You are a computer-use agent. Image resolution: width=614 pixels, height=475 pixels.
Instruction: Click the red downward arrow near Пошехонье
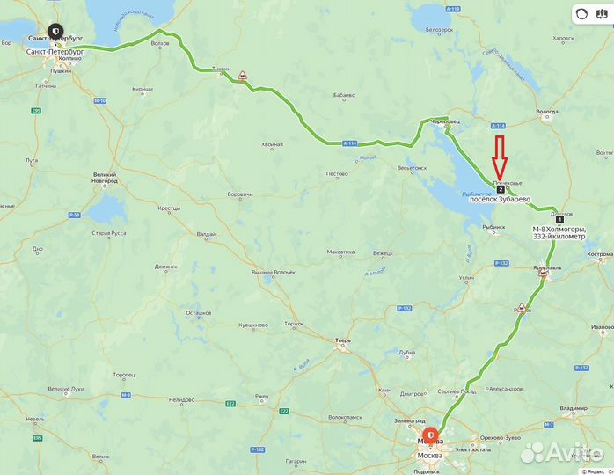click(x=499, y=157)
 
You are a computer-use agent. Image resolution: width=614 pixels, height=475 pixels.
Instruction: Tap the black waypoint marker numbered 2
click(x=501, y=189)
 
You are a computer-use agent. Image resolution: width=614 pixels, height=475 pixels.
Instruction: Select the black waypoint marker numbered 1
click(x=560, y=219)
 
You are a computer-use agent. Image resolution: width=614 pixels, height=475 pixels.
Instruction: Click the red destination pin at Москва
click(x=430, y=435)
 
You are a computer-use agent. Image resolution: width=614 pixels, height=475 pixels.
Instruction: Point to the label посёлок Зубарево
click(x=500, y=200)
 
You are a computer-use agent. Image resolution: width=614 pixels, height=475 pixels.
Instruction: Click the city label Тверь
click(x=343, y=340)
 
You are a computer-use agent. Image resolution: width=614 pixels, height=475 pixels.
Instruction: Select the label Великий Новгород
click(x=105, y=179)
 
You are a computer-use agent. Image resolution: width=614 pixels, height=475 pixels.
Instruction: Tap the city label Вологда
click(x=546, y=112)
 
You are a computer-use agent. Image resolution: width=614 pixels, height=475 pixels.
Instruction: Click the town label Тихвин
click(x=222, y=69)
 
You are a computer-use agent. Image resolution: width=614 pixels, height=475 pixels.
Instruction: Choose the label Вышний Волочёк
click(x=274, y=273)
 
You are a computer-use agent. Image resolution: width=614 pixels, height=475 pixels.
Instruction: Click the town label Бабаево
click(x=344, y=95)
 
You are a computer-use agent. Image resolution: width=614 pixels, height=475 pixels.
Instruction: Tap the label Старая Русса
click(x=110, y=233)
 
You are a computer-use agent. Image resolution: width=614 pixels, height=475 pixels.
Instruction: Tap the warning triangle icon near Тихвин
click(x=242, y=77)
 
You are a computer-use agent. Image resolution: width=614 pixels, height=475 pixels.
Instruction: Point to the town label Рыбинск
click(x=493, y=227)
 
